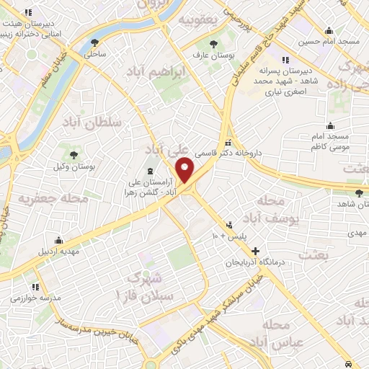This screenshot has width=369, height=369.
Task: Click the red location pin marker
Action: (186, 170)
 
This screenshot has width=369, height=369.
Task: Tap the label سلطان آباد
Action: (94, 124)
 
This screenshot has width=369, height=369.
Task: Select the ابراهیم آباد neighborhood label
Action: (175, 72)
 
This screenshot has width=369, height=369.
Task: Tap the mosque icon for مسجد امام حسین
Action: (329, 30)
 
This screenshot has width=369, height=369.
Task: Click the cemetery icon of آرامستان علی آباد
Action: (150, 171)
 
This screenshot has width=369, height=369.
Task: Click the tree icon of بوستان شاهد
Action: (359, 192)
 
